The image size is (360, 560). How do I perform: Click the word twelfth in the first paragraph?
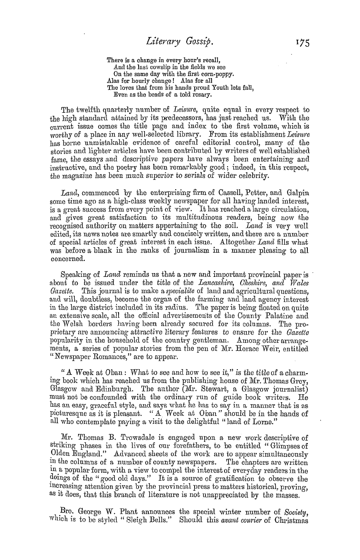coord(90,110)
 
